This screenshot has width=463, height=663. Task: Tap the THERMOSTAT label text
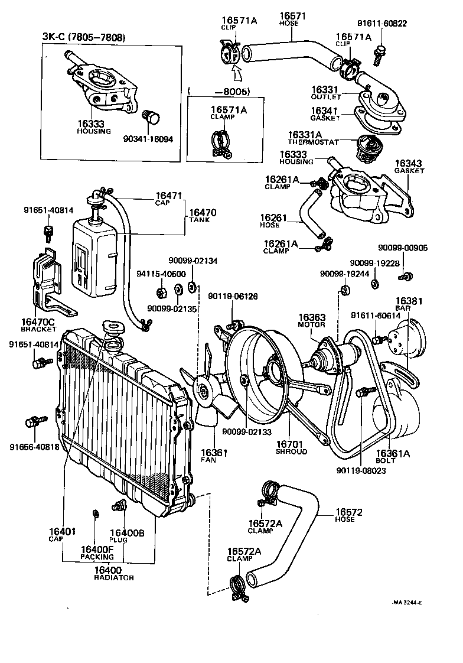pyautogui.click(x=314, y=142)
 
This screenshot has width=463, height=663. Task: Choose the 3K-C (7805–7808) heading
pyautogui.click(x=84, y=38)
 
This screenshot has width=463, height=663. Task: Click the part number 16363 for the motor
pyautogui.click(x=311, y=317)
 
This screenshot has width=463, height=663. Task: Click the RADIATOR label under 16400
pyautogui.click(x=114, y=577)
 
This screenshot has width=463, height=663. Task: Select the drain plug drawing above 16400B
pyautogui.click(x=120, y=506)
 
